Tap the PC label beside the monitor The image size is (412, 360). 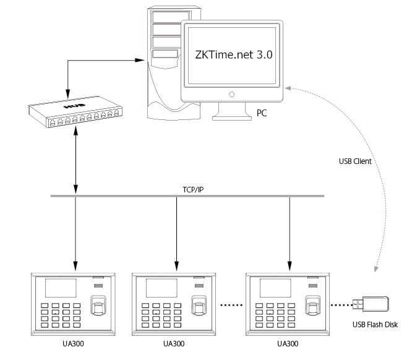[262, 114]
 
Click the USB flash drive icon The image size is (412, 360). [372, 303]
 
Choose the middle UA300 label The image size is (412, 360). [176, 343]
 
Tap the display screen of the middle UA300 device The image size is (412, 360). [163, 288]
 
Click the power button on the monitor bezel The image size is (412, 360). [232, 95]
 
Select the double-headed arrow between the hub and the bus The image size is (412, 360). [75, 162]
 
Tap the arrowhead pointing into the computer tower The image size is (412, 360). [147, 60]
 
